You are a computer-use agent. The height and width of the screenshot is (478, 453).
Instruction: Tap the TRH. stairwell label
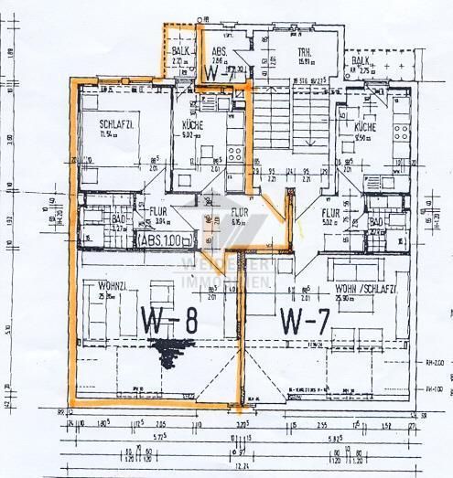pos(304,54)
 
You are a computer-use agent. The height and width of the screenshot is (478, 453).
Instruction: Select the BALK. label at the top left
pos(180,53)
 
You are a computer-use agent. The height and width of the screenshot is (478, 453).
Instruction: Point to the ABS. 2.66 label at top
pos(221,53)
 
